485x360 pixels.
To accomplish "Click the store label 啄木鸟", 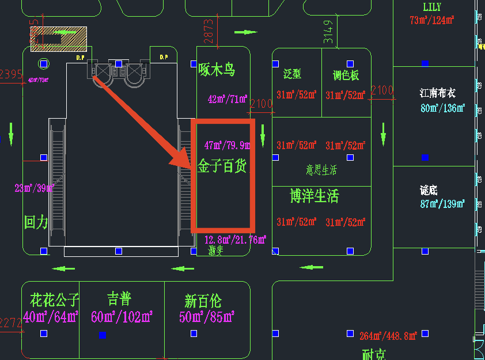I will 217,70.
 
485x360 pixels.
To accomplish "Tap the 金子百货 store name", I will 222,167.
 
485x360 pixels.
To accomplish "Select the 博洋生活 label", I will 314,196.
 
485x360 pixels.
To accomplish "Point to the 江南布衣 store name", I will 438,92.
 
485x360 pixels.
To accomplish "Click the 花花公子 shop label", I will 54,300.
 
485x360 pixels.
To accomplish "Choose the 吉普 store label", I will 119,298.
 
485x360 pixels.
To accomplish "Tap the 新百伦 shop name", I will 203,301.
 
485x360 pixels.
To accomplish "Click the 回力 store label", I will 36,222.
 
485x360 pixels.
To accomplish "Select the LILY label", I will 432,7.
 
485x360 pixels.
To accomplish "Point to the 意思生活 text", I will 321,170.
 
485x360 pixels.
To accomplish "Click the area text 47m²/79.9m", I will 226,145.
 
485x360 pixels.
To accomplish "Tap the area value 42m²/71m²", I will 228,99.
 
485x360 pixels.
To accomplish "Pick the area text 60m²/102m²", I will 122,316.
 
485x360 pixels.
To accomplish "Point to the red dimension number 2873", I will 209,32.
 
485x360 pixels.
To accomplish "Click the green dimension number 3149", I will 328,32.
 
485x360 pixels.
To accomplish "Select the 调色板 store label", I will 346,75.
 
